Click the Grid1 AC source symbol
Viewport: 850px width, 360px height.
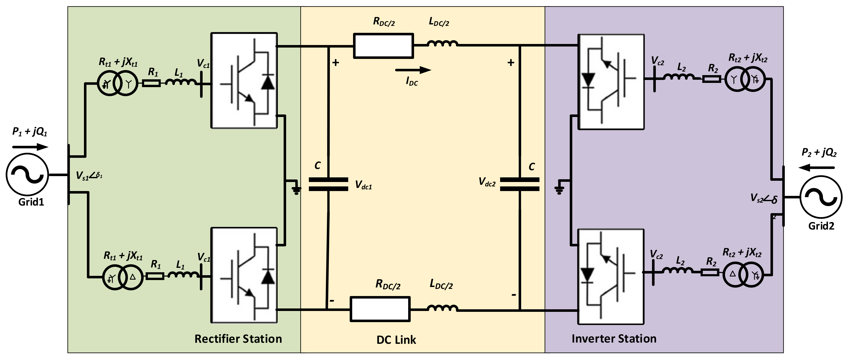pyautogui.click(x=27, y=175)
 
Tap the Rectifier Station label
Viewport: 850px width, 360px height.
pyautogui.click(x=238, y=339)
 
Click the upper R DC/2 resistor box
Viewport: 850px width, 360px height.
pyautogui.click(x=383, y=46)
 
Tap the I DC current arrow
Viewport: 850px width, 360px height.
pyautogui.click(x=413, y=70)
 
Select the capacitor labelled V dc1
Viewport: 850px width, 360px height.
pyautogui.click(x=328, y=184)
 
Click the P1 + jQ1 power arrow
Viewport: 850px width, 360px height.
pyautogui.click(x=30, y=147)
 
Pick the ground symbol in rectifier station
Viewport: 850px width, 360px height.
pyautogui.click(x=296, y=189)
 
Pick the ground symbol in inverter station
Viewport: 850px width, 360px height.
pyautogui.click(x=559, y=190)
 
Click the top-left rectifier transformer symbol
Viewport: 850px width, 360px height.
pyautogui.click(x=117, y=83)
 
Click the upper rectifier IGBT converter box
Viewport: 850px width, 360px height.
pyautogui.click(x=244, y=80)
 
